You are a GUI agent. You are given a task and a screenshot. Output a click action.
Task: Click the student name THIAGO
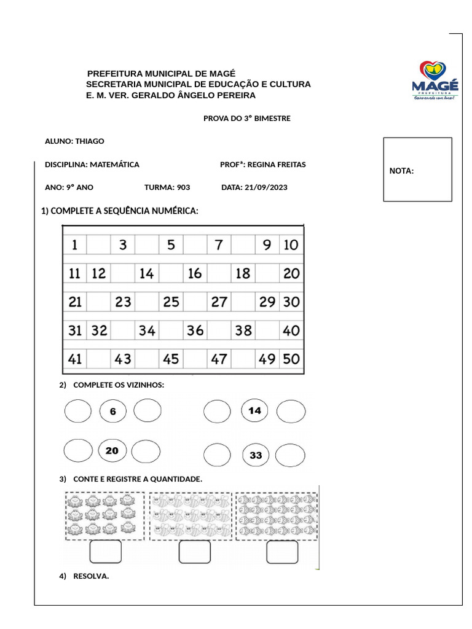pyautogui.click(x=89, y=141)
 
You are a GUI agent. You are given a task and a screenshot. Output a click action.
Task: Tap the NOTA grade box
pyautogui.click(x=417, y=170)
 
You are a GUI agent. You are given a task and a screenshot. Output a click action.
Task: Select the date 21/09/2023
pyautogui.click(x=265, y=188)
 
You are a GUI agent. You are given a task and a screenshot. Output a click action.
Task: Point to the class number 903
pyautogui.click(x=183, y=188)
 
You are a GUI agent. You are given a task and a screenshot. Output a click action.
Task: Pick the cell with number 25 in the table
pyautogui.click(x=171, y=302)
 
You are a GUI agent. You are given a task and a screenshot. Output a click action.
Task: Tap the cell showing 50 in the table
pyautogui.click(x=291, y=359)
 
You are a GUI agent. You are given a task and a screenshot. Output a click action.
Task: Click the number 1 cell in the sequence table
pyautogui.click(x=74, y=245)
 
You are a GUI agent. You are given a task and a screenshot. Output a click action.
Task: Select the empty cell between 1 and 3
pyautogui.click(x=98, y=245)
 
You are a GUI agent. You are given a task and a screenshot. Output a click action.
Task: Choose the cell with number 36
pyautogui.click(x=195, y=330)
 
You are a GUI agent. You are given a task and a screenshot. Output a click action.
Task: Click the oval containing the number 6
pyautogui.click(x=112, y=412)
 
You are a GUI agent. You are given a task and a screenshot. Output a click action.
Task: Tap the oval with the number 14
pyautogui.click(x=255, y=411)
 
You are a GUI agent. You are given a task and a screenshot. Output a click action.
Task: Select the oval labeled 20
pyautogui.click(x=112, y=451)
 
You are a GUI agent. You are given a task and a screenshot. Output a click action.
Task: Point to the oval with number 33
pyautogui.click(x=256, y=455)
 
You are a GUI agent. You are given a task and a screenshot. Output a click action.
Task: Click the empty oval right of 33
pyautogui.click(x=290, y=455)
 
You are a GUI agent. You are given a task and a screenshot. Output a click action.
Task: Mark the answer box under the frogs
pyautogui.click(x=106, y=552)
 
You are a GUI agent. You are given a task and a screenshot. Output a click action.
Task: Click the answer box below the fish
pyautogui.click(x=282, y=552)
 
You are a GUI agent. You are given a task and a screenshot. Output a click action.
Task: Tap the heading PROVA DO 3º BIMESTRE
pyautogui.click(x=246, y=119)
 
